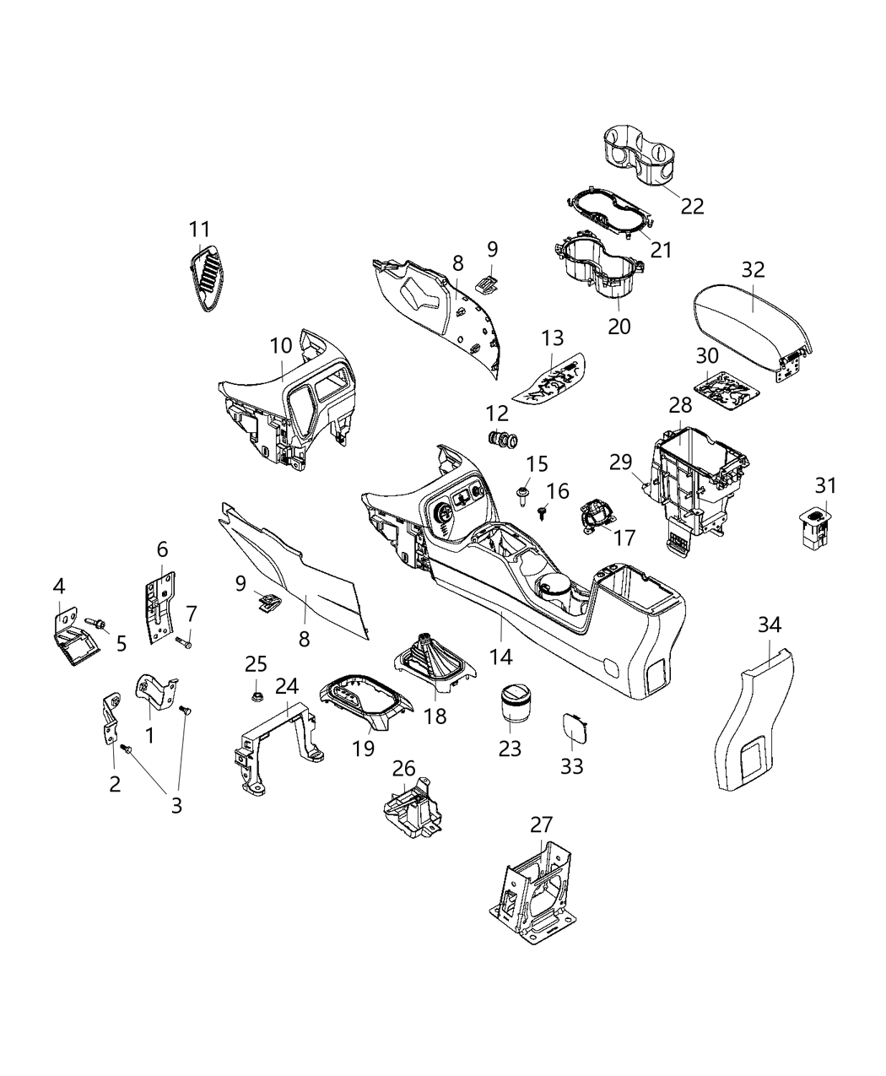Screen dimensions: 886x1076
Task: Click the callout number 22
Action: click(x=692, y=206)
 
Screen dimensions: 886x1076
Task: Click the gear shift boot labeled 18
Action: click(x=435, y=661)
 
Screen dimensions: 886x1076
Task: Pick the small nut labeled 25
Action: click(x=257, y=697)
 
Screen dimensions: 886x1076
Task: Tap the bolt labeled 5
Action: click(x=96, y=623)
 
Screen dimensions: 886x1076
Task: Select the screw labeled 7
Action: click(x=183, y=642)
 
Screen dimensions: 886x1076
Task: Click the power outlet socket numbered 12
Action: click(x=502, y=440)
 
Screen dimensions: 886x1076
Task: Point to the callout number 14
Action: click(x=501, y=657)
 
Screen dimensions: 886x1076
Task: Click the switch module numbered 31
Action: click(x=815, y=527)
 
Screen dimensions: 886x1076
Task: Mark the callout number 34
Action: click(x=769, y=625)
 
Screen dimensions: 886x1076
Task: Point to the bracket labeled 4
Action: click(x=76, y=637)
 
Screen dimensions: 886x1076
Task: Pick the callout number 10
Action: click(x=281, y=346)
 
